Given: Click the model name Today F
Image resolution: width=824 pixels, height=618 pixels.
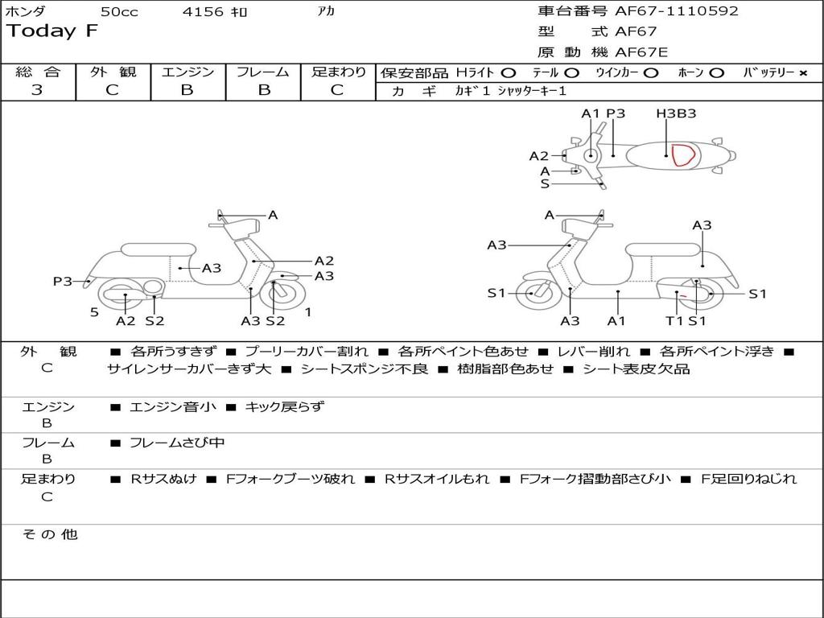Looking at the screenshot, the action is click(x=51, y=31).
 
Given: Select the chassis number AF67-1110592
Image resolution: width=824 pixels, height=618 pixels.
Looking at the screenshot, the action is click(x=676, y=11).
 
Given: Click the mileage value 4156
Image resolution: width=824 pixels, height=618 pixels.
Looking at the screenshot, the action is click(x=204, y=12).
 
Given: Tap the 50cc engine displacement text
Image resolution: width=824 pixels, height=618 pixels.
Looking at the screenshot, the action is click(x=118, y=12).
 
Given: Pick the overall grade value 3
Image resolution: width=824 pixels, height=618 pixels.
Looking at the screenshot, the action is click(x=37, y=90).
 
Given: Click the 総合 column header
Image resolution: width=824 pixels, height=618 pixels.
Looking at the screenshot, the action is click(x=37, y=72).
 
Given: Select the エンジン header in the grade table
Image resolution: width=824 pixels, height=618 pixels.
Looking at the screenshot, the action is click(x=187, y=72).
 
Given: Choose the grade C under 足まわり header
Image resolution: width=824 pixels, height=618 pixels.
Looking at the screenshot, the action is click(x=337, y=90).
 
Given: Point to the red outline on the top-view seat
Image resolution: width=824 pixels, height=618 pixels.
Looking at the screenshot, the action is click(x=683, y=154).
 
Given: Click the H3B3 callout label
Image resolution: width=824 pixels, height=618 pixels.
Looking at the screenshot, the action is click(x=676, y=113).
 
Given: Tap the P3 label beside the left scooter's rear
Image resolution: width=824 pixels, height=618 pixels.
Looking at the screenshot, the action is click(x=63, y=281).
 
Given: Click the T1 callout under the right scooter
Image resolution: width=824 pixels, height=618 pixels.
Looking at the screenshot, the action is click(x=674, y=321).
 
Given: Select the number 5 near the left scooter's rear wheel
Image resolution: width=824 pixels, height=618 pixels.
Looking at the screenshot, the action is click(x=94, y=311).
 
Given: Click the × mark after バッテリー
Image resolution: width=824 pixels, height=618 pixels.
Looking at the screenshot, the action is click(x=802, y=72).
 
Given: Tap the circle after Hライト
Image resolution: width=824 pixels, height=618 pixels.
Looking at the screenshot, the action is click(x=509, y=72).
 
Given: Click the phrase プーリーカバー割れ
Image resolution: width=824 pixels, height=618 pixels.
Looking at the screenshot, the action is click(x=306, y=352).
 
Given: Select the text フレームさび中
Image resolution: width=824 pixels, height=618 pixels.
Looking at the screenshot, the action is click(x=177, y=443).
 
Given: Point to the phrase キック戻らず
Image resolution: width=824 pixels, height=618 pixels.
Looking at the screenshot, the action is click(x=284, y=407).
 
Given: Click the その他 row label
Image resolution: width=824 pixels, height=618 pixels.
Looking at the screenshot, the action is click(x=49, y=534).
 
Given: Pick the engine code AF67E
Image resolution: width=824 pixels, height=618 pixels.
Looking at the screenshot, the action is click(x=641, y=52).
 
